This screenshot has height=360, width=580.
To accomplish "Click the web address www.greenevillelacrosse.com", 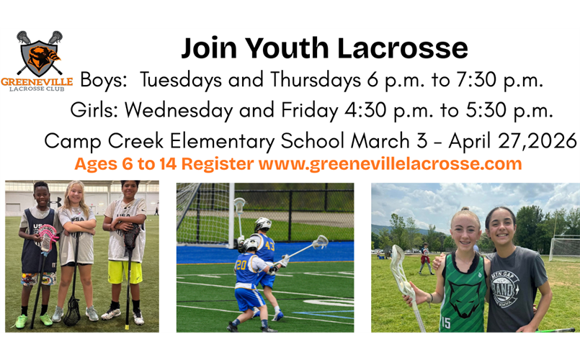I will pos(390,163).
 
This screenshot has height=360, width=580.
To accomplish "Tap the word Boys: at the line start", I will pos(104,80).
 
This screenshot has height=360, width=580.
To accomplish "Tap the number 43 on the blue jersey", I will pos(269,245).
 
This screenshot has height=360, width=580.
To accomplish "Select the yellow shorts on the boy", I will pos(124,272).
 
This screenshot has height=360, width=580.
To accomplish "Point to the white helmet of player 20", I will pos(250,244).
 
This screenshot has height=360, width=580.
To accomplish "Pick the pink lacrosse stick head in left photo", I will pos(48,235).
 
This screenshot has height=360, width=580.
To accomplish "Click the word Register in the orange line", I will pos(218,163).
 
